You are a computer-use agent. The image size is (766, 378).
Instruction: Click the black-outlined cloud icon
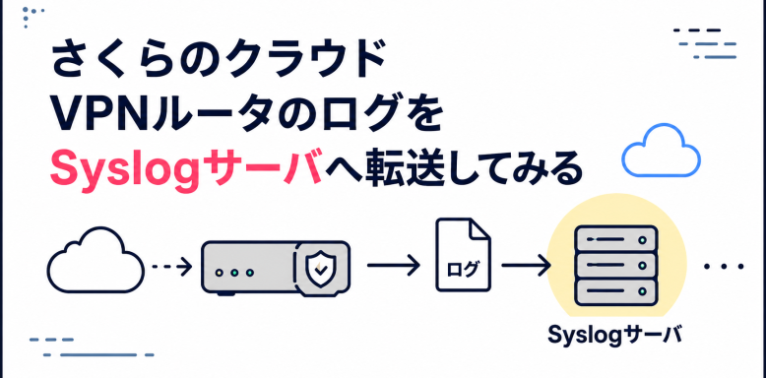click(x=96, y=260)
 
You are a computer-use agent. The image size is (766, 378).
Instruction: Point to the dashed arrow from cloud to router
click(x=172, y=267)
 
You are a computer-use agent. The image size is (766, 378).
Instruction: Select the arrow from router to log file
click(x=393, y=266)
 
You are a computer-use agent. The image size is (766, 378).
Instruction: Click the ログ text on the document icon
click(x=463, y=269)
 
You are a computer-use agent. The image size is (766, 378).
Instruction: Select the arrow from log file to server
click(x=526, y=266)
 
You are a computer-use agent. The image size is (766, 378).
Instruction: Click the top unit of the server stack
click(x=615, y=239)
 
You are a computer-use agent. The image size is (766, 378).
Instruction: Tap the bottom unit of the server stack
click(x=615, y=292)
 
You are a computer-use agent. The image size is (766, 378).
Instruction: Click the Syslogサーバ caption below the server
click(x=614, y=336)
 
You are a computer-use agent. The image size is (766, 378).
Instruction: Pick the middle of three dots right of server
click(x=724, y=267)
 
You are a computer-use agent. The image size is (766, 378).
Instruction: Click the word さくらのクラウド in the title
click(x=218, y=60)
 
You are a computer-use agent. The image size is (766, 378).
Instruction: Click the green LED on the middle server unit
click(x=643, y=266)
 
